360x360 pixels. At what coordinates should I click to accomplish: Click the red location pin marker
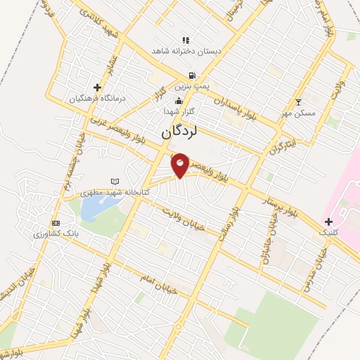click(x=181, y=165)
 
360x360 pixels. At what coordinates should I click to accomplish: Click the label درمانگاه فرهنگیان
click(x=96, y=98)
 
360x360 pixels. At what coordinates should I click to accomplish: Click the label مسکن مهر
click(x=299, y=112)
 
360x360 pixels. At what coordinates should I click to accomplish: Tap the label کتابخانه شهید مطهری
click(x=88, y=191)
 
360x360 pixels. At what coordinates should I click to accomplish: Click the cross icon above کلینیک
click(x=328, y=221)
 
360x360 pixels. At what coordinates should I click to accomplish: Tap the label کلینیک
click(x=328, y=231)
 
